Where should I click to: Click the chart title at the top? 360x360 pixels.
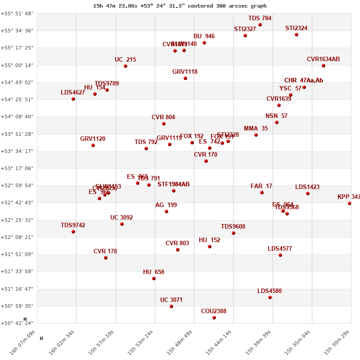(180, 6)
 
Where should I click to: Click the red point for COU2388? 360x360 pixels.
(214, 318)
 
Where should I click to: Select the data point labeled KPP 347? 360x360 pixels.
(350, 203)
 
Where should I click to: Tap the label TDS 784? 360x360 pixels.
(260, 18)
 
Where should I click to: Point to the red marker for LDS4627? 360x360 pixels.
(73, 99)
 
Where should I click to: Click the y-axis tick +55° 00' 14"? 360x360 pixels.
(17, 65)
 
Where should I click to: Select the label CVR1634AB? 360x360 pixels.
(323, 59)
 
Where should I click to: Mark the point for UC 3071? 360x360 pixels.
(171, 306)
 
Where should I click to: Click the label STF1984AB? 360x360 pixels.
(173, 184)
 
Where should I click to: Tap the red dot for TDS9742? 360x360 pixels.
(73, 232)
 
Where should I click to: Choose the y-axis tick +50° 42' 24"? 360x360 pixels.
(17, 323)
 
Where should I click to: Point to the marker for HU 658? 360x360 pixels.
(154, 279)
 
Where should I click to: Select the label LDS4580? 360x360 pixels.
(270, 291)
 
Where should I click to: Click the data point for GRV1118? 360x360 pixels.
(185, 78)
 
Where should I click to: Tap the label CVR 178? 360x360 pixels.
(105, 252)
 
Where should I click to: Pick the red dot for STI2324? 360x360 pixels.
(297, 35)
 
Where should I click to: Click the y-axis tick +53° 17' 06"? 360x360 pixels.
(17, 168)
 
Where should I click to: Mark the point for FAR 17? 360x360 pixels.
(262, 193)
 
